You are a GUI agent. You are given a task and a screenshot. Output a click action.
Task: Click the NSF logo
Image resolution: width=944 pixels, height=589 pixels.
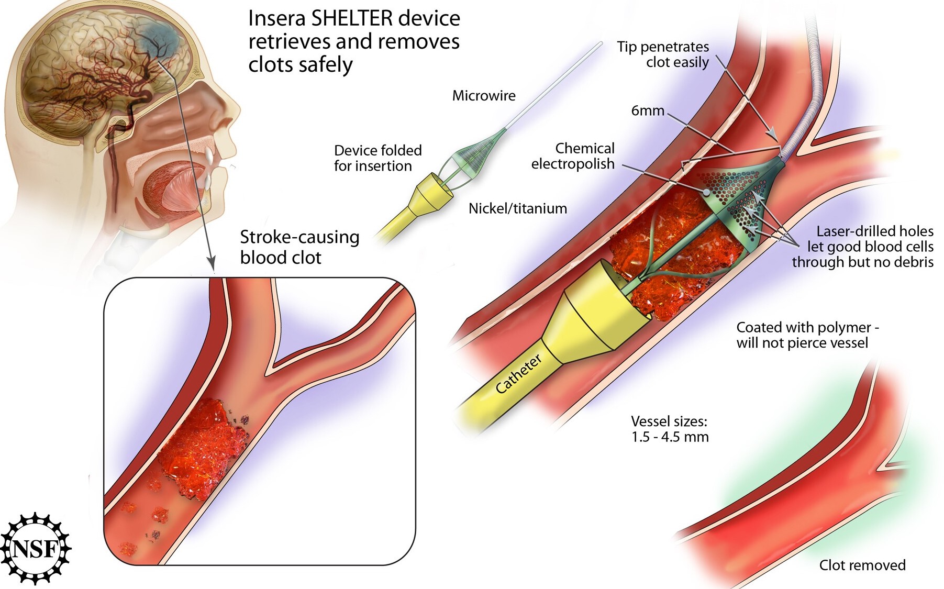click(x=36, y=548)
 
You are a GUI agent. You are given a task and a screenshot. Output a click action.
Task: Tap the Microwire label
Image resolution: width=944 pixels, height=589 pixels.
click(x=484, y=96)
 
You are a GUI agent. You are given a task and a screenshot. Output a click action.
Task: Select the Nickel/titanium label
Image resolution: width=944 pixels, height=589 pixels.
click(x=517, y=208)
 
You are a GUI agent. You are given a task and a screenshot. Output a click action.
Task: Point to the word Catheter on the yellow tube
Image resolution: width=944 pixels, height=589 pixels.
click(x=518, y=374)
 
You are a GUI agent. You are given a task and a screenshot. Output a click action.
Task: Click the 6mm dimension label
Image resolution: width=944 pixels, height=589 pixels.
click(x=648, y=110)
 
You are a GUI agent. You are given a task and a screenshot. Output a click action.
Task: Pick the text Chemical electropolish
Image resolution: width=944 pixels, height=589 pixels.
click(x=573, y=156)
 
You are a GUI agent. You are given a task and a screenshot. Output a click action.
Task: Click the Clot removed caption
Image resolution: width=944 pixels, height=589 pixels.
click(x=862, y=565)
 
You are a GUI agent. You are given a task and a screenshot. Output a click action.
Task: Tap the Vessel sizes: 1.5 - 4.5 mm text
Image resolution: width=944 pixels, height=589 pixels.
click(x=670, y=429)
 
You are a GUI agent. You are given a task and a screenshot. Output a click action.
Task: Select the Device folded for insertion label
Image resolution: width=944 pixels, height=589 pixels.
click(x=377, y=158)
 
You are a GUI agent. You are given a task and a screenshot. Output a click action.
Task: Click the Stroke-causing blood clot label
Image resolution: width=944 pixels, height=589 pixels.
click(x=299, y=247)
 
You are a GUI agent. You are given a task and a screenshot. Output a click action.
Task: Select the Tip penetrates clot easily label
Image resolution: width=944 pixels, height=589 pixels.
click(x=663, y=54)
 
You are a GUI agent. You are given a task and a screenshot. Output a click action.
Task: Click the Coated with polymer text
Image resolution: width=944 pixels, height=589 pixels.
click(x=807, y=335)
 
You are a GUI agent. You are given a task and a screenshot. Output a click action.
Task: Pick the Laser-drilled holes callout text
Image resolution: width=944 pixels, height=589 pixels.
click(x=862, y=247)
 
